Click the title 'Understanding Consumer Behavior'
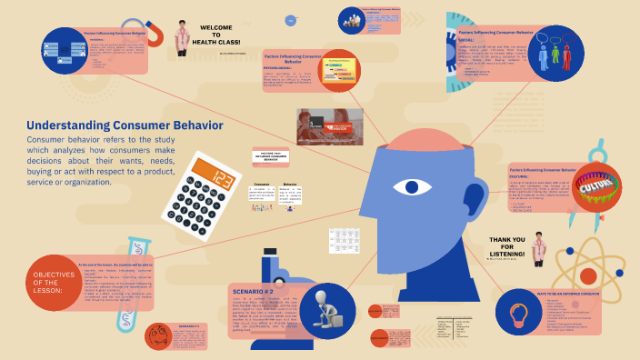click(x=125, y=125)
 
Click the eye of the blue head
click(x=411, y=187)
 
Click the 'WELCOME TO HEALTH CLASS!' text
click(x=218, y=35)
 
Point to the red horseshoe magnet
click(x=156, y=35)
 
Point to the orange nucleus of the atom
click(x=589, y=275)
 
